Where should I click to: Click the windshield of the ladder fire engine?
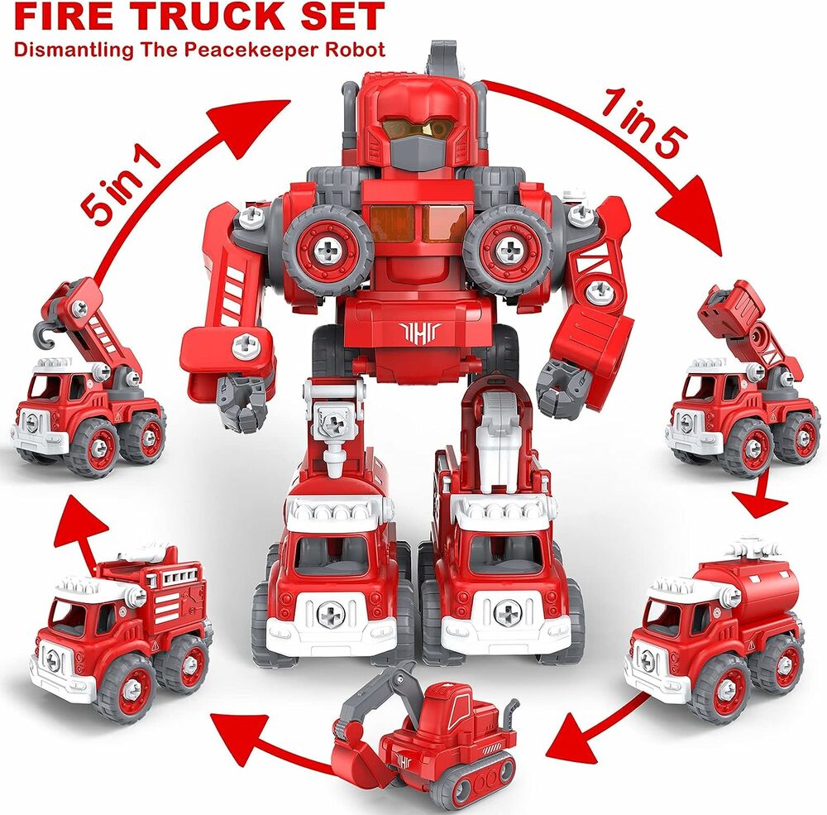click(x=70, y=612)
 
